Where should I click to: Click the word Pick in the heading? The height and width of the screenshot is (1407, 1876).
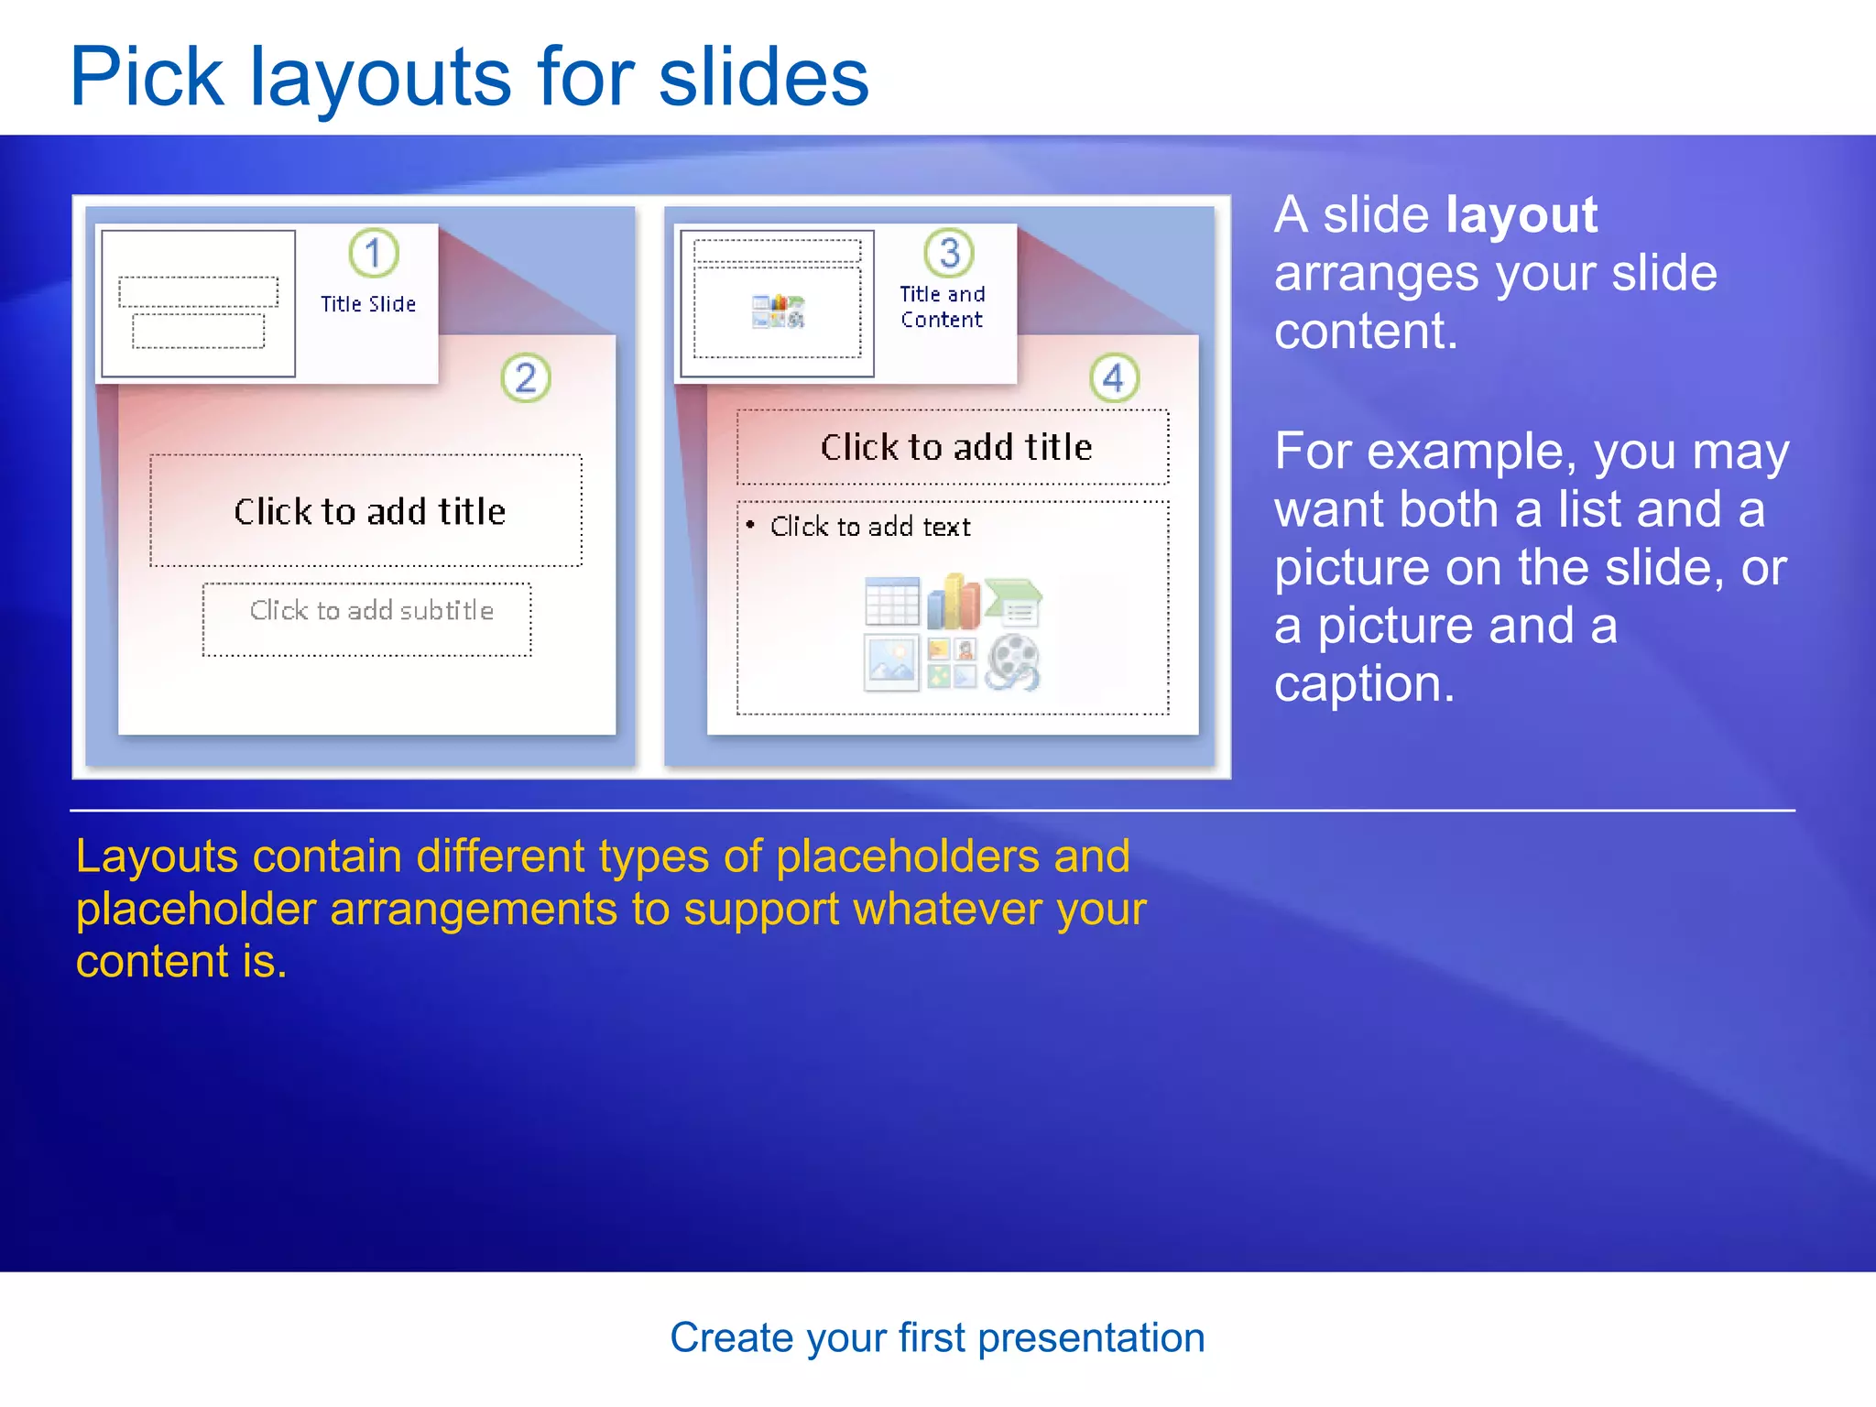(x=147, y=77)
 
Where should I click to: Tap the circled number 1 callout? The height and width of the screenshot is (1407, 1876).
(x=374, y=253)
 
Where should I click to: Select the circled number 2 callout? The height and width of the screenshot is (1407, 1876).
(x=526, y=377)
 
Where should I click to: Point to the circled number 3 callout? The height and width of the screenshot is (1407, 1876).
(x=949, y=253)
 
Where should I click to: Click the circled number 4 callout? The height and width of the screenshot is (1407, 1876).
(x=1114, y=377)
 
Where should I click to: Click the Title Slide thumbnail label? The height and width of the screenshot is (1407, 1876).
(x=368, y=304)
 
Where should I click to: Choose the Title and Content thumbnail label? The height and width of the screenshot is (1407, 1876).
(x=942, y=307)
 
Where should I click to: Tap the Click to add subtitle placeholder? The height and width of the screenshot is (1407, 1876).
(x=371, y=611)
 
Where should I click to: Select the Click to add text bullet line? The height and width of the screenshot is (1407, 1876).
(x=869, y=527)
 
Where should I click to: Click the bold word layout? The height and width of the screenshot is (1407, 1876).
(x=1522, y=216)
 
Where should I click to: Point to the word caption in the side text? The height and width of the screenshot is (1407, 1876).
(x=1363, y=684)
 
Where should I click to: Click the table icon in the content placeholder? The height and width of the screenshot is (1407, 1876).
(x=891, y=602)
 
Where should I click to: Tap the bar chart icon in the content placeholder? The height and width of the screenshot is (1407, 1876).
(x=953, y=602)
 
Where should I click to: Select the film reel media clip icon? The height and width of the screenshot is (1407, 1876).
(x=1012, y=662)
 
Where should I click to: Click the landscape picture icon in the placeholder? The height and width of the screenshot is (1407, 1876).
(x=891, y=662)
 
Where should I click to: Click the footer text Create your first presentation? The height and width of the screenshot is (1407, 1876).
(x=937, y=1338)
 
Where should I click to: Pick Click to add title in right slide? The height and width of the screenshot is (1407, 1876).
(x=955, y=448)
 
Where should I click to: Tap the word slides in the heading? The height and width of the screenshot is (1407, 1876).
(x=763, y=77)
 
